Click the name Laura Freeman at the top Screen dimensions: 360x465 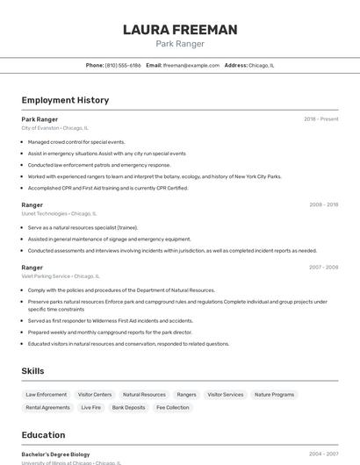click(x=180, y=30)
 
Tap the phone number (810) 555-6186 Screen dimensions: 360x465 click(x=123, y=65)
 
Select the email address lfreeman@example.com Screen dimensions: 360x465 click(x=191, y=65)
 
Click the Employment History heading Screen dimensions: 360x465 click(x=65, y=100)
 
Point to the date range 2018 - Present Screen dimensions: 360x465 click(x=320, y=119)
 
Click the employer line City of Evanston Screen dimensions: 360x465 click(x=54, y=128)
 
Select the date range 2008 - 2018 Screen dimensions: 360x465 click(x=323, y=204)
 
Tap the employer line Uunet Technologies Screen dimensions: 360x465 click(x=59, y=213)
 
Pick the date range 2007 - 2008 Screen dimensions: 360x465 click(x=323, y=267)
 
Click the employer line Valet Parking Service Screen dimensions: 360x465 click(x=59, y=275)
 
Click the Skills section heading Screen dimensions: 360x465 click(x=33, y=371)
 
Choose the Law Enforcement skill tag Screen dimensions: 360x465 click(x=47, y=395)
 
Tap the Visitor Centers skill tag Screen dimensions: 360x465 click(x=95, y=395)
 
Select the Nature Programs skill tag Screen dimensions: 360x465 click(x=274, y=395)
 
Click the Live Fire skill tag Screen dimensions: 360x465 click(x=91, y=407)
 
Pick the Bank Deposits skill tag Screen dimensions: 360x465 click(x=128, y=407)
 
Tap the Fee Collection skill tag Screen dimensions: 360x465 click(x=172, y=407)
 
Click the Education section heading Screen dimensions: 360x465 click(x=44, y=434)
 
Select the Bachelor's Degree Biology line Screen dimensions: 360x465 click(x=55, y=454)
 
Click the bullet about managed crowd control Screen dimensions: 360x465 click(x=76, y=141)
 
